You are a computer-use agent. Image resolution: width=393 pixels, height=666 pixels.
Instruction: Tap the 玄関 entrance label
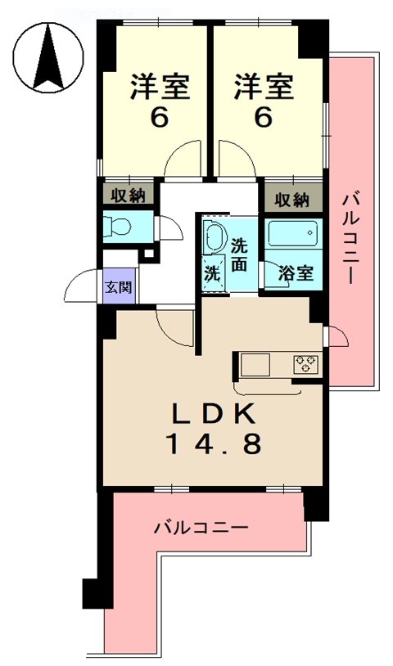click(115, 287)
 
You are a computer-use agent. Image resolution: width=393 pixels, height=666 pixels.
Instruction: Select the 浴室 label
click(295, 272)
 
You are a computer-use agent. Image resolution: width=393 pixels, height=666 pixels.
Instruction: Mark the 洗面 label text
click(238, 254)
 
